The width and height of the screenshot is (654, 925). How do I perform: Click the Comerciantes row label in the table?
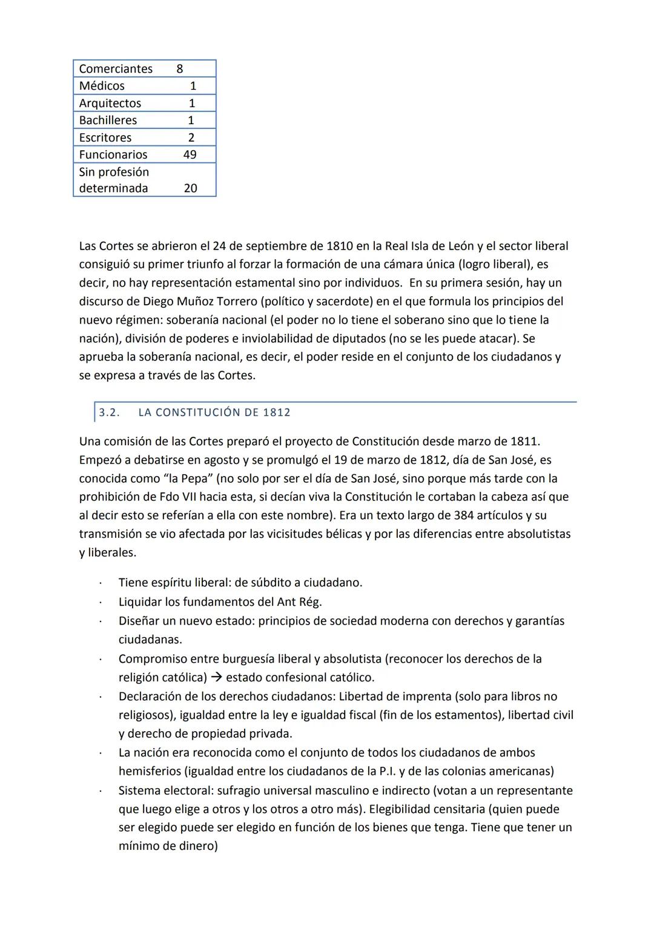tap(116, 69)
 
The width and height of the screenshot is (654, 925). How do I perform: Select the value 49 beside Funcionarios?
tap(190, 155)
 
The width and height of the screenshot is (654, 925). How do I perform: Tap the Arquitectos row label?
tap(110, 104)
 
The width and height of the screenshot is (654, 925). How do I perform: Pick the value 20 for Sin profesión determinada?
tap(190, 188)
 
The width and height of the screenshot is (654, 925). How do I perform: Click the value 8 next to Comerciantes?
tap(179, 69)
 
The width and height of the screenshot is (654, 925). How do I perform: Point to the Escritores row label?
tap(105, 138)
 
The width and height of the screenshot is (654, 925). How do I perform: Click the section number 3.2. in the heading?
tap(109, 413)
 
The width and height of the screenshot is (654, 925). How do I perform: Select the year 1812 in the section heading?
tap(277, 413)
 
